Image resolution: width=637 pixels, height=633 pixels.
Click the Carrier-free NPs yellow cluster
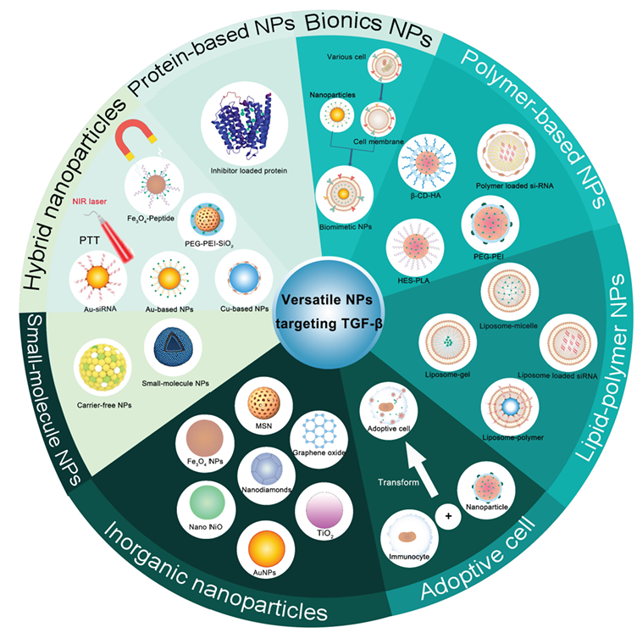(x=107, y=364)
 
